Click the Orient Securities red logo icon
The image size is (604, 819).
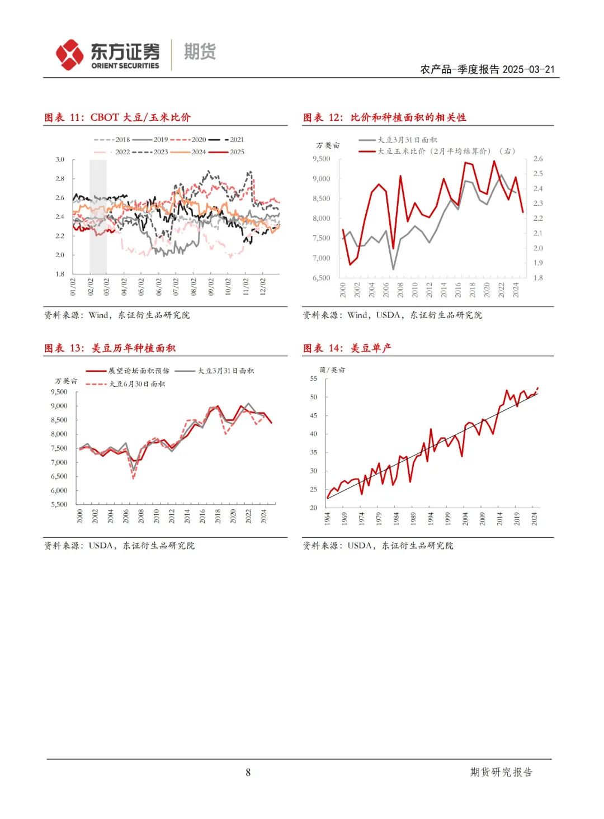click(x=70, y=55)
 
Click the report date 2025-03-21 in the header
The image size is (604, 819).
click(x=528, y=69)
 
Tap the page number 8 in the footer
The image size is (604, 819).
click(x=248, y=773)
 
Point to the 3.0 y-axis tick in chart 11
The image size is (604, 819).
click(x=60, y=160)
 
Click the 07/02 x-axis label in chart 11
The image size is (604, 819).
click(x=176, y=287)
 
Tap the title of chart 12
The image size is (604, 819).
click(x=385, y=117)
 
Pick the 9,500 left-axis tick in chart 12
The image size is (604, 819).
click(x=322, y=159)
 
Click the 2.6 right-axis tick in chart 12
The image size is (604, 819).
click(x=537, y=159)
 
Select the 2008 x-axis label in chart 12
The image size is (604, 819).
click(x=400, y=290)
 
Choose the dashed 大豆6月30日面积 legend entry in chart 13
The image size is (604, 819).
click(x=129, y=384)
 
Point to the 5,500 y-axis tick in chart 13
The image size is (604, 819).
click(x=59, y=504)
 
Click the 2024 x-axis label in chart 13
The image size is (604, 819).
click(x=264, y=516)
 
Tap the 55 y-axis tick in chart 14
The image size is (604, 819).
click(x=314, y=378)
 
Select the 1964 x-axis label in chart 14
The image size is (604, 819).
click(x=328, y=518)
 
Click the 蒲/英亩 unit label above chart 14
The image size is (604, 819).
click(x=332, y=370)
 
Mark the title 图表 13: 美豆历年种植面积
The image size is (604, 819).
click(x=110, y=348)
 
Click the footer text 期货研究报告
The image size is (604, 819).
click(x=501, y=772)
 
